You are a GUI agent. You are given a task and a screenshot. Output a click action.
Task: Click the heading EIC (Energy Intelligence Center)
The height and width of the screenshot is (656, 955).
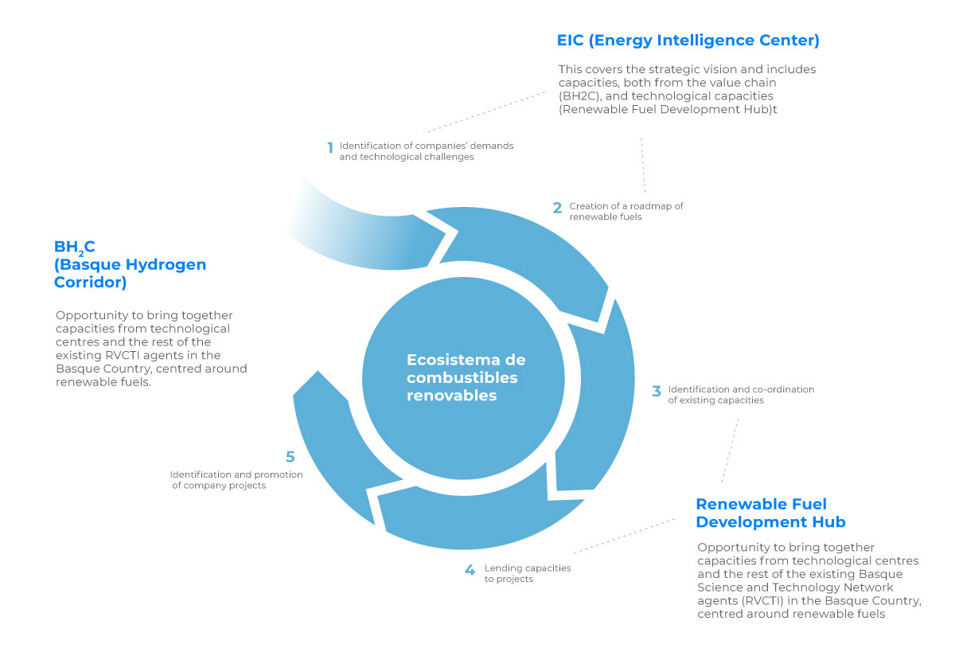point(688,40)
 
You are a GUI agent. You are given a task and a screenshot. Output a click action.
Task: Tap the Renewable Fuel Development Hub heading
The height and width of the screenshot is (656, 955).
point(770,513)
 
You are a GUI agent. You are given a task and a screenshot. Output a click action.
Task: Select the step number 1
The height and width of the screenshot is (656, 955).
point(329,148)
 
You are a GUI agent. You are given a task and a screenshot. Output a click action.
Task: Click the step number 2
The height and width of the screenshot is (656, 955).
point(557,208)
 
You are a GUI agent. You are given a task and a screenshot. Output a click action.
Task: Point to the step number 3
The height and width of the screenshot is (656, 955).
point(657,392)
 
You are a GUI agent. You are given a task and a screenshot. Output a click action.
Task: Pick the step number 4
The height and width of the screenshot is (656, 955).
point(470,570)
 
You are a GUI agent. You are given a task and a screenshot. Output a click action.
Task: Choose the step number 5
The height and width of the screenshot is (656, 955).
point(290,457)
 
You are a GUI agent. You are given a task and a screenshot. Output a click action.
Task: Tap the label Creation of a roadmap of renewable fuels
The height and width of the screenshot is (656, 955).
point(626,211)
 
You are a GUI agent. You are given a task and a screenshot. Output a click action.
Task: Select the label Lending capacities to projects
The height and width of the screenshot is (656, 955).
point(527,573)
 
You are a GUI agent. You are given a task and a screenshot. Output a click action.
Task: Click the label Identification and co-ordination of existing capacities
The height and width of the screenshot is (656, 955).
point(740,395)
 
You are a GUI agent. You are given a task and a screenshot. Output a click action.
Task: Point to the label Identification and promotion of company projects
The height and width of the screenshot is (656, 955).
point(236,480)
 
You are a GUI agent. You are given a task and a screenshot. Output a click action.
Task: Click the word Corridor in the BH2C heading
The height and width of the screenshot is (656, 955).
point(90,282)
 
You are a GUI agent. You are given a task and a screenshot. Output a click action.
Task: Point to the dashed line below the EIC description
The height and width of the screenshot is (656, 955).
point(642,167)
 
